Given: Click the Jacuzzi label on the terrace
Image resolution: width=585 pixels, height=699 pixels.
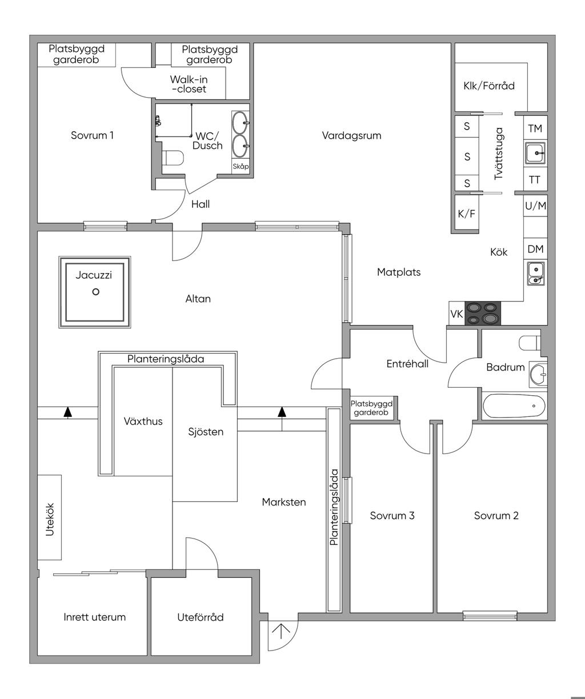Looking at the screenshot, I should coord(94,275).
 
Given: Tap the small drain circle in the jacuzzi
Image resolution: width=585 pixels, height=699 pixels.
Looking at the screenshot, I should coord(96,292).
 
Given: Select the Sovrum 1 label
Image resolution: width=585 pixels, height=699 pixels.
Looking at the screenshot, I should coord(92,135).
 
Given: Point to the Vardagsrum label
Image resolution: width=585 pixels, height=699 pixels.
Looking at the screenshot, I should coord(351,135).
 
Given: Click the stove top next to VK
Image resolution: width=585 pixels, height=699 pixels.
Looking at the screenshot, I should coord(483,314).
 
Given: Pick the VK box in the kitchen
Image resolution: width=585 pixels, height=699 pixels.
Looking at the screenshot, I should coord(456,314).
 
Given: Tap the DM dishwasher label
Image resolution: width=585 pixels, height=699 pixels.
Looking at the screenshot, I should coord(535,249).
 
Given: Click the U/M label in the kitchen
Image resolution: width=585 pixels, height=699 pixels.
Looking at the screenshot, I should coord(535,206).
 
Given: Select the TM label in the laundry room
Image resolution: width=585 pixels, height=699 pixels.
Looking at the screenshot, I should coord(535,128).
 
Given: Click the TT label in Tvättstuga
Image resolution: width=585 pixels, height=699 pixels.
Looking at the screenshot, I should coord(535,180).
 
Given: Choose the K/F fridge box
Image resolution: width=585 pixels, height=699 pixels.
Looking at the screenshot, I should coord(466,214).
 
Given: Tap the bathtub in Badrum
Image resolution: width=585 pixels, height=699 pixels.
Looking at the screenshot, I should coord(514,406).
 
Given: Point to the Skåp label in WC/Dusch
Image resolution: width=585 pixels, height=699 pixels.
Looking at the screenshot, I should coord(241,167).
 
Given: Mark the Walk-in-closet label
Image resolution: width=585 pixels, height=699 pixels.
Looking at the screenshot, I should coord(188,85).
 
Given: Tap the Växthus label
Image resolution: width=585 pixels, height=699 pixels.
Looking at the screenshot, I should coord(143,421).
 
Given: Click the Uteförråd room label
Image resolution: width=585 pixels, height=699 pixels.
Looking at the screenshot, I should coord(200,617).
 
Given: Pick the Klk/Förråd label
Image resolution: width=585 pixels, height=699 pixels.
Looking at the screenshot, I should coord(489,86).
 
